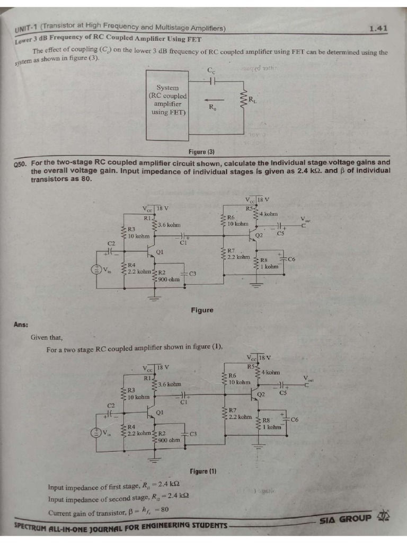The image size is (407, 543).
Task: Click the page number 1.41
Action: [x=379, y=29]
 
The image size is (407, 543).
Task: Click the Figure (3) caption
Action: [x=201, y=152]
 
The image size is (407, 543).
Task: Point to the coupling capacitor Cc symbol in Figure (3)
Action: [x=213, y=81]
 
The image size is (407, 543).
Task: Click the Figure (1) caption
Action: [x=203, y=471]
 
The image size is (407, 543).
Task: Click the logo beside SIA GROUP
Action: [x=384, y=516]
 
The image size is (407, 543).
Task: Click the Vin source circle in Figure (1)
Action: [x=96, y=433]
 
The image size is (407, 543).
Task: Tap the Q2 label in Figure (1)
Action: [x=261, y=395]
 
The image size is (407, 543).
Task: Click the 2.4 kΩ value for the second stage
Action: [x=178, y=496]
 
